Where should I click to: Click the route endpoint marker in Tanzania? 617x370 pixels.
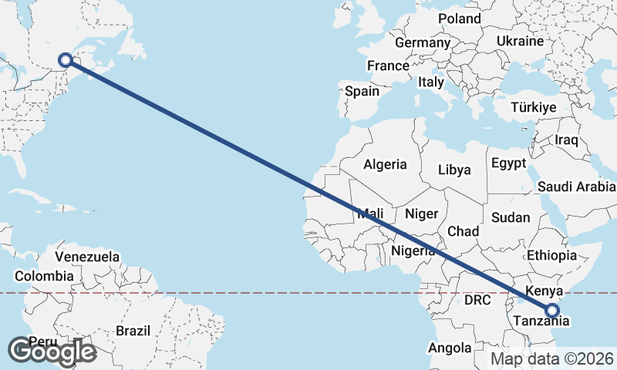552,311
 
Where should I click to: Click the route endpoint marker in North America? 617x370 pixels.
66,59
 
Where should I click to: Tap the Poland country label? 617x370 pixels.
459,18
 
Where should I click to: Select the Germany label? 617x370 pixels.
422,43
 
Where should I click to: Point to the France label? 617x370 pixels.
388,66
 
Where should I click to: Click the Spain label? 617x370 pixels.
362,91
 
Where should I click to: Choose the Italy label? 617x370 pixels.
431,82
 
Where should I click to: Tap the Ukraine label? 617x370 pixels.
521,41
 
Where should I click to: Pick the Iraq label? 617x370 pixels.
566,140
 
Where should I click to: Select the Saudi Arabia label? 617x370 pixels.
577,187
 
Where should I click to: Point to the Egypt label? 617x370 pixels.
508,163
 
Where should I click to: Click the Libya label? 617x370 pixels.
453,170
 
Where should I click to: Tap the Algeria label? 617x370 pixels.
385,164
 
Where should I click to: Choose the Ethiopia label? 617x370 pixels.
551,255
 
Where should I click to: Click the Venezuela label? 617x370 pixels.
87,256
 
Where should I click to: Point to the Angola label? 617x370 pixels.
449,348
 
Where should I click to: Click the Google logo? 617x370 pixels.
52,351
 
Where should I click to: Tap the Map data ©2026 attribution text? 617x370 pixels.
552,358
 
